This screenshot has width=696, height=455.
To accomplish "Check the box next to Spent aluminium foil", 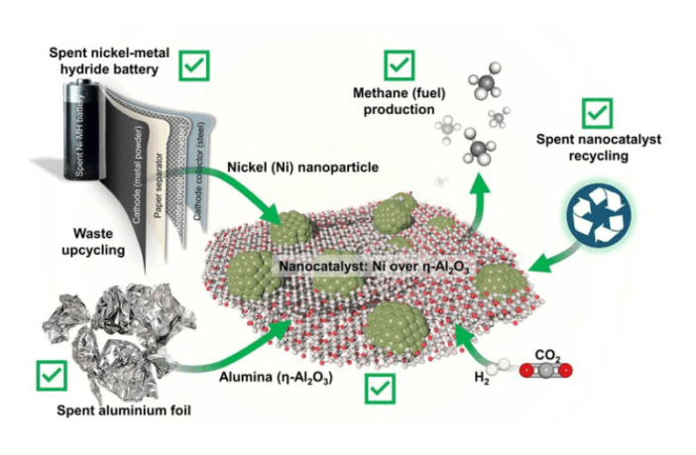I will (x=50, y=376).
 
